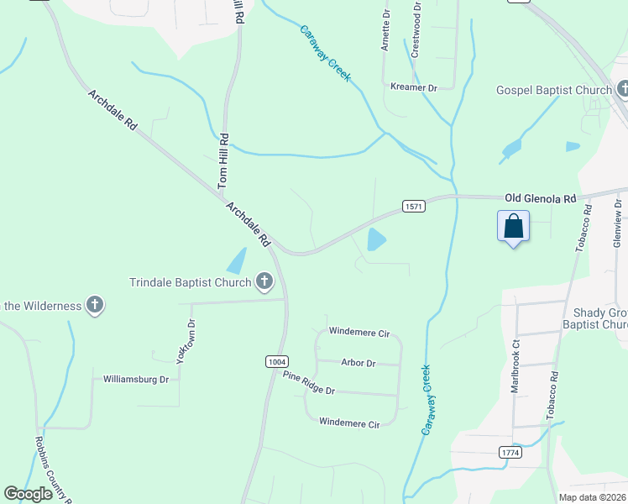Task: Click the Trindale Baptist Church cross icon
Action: pyautogui.click(x=264, y=281)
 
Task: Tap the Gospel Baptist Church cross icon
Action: pyautogui.click(x=623, y=89)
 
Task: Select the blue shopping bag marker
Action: pyautogui.click(x=513, y=226)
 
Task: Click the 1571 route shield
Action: pyautogui.click(x=412, y=207)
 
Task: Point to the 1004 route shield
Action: pyautogui.click(x=276, y=361)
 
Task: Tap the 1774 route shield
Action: pyautogui.click(x=510, y=452)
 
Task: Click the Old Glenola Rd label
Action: pyautogui.click(x=540, y=198)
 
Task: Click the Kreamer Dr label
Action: pyautogui.click(x=415, y=87)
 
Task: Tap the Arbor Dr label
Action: pyautogui.click(x=358, y=363)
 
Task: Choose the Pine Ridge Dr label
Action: pyautogui.click(x=308, y=383)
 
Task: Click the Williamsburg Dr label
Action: pyautogui.click(x=136, y=379)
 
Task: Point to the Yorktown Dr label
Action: pyautogui.click(x=186, y=341)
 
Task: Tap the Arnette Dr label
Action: pyautogui.click(x=385, y=32)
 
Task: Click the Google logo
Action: pyautogui.click(x=29, y=494)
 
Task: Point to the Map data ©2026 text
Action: pyautogui.click(x=591, y=497)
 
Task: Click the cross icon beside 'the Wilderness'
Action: pyautogui.click(x=95, y=305)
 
